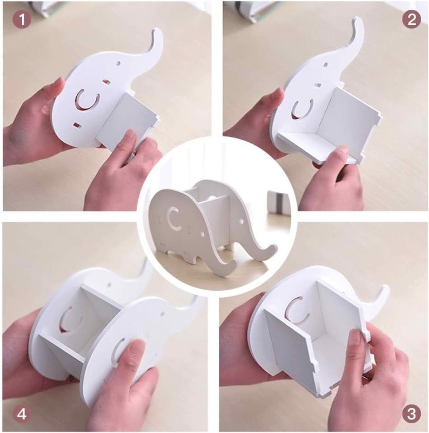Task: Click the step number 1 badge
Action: click(22, 19)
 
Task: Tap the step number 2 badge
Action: click(411, 19)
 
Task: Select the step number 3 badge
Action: click(411, 414)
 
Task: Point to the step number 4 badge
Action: click(22, 414)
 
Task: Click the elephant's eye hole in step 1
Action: click(118, 63)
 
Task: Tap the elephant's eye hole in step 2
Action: click(326, 65)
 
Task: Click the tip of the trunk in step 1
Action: click(157, 30)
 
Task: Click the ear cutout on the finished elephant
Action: click(171, 220)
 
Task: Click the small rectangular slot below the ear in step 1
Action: click(77, 125)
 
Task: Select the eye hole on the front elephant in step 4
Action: click(162, 314)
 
